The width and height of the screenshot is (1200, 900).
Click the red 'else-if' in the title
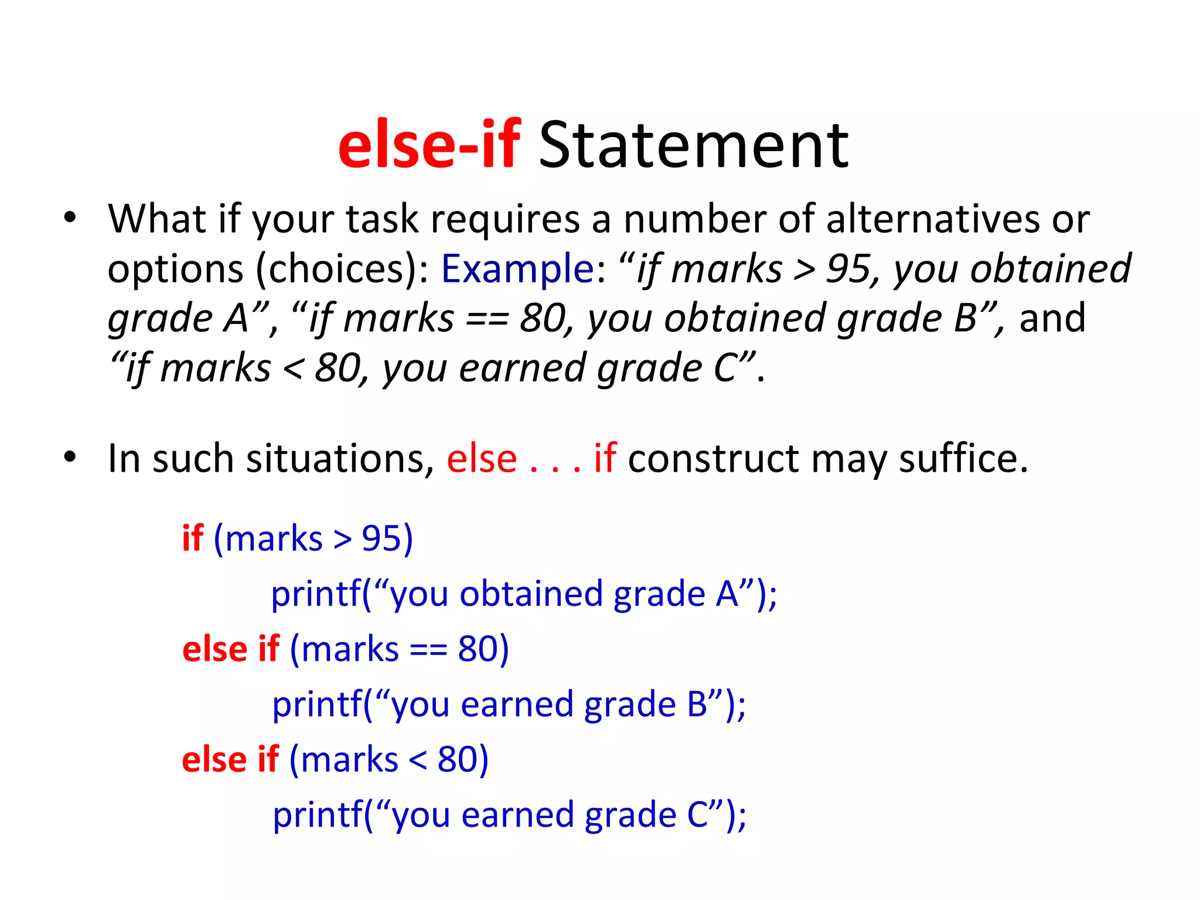pyautogui.click(x=429, y=144)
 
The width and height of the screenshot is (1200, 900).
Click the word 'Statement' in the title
pyautogui.click(x=693, y=144)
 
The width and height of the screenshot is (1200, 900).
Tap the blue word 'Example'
pyautogui.click(x=518, y=268)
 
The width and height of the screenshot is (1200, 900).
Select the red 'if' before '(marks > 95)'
pyautogui.click(x=193, y=538)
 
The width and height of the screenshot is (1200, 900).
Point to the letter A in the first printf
pyautogui.click(x=727, y=594)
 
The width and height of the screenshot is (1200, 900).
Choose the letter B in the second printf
pyautogui.click(x=697, y=704)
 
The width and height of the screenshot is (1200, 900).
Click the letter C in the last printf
pyautogui.click(x=698, y=814)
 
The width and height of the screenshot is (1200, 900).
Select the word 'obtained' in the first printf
pyautogui.click(x=531, y=594)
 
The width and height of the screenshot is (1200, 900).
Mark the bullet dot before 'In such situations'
pyautogui.click(x=70, y=456)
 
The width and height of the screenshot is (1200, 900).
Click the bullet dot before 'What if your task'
pyautogui.click(x=70, y=217)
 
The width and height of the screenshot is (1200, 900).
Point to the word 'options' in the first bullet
pyautogui.click(x=176, y=270)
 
